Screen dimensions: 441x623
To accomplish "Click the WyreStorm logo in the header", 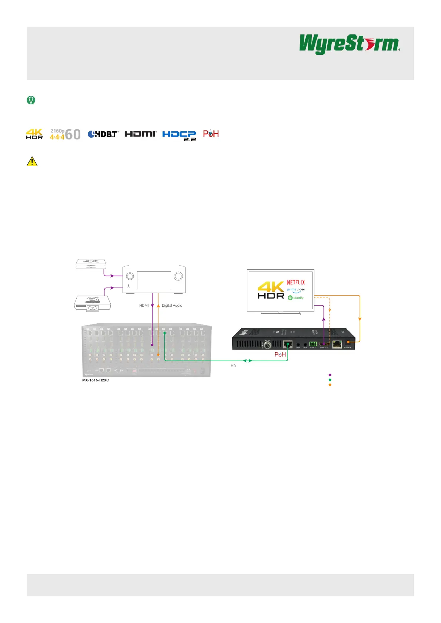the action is point(349,44).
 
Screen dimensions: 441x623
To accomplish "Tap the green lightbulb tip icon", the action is point(31,100).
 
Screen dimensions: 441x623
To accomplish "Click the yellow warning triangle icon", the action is point(32,161).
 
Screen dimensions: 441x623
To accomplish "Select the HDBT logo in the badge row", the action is point(103,134).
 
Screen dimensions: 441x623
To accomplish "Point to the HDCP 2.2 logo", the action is point(179,135).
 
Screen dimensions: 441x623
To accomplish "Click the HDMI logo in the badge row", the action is point(140,134).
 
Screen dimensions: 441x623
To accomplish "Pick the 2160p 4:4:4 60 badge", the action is point(65,134).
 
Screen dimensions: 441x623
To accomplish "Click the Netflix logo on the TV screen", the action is point(296,282).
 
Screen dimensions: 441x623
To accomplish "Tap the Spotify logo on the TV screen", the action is point(296,297).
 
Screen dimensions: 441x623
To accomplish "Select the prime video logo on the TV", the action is point(296,290).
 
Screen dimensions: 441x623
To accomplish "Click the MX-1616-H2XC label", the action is point(96,380).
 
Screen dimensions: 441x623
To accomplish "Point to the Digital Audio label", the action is point(172,306).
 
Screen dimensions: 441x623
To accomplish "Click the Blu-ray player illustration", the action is point(92,303).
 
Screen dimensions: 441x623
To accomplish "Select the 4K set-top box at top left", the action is point(91,263).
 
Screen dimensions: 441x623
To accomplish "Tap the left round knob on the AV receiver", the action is point(130,276).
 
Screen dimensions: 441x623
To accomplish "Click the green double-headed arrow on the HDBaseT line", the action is point(247,360).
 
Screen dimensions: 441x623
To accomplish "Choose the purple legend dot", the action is point(330,375).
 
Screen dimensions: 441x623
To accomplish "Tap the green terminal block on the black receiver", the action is point(313,344).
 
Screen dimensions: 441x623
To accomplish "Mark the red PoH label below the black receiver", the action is point(280,354).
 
